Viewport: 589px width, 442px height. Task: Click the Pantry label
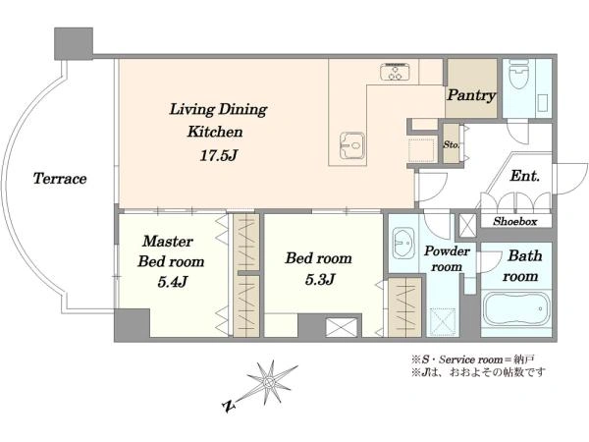pos(471,95)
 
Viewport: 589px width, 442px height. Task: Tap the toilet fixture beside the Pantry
pos(518,76)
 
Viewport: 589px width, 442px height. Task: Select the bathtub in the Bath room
pos(516,310)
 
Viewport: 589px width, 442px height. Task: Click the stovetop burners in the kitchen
pos(396,72)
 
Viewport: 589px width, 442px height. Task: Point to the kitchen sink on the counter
pos(352,145)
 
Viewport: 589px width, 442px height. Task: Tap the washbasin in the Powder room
pos(403,244)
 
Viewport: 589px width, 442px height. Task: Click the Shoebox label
pos(515,221)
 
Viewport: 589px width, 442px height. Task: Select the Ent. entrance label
pos(525,176)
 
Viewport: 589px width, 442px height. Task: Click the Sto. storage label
pos(451,144)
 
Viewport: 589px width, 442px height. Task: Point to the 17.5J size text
pos(219,155)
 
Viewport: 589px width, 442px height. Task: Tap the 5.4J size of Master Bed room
pos(173,281)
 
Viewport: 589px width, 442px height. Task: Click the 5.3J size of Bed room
pos(320,279)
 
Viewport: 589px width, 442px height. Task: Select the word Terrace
pos(60,179)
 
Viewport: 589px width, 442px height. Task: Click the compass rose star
pos(269,382)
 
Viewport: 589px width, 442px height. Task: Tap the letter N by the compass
pos(229,406)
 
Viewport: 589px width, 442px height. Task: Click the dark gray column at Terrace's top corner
pos(74,43)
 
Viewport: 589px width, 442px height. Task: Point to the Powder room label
pos(447,258)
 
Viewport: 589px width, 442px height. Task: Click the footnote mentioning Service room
pos(472,359)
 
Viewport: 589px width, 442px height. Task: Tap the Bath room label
pos(522,266)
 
